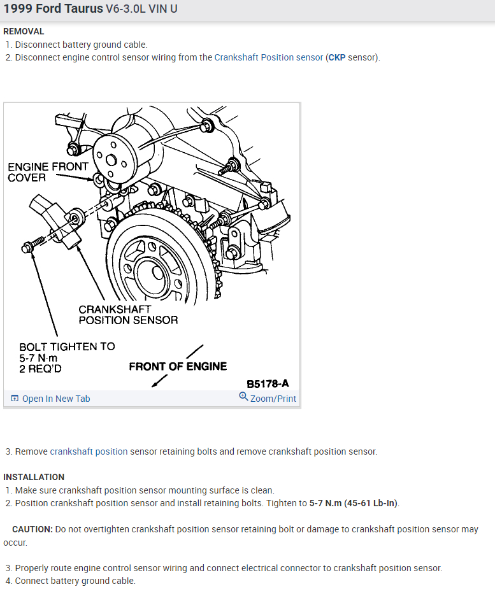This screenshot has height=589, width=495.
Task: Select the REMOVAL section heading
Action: pos(24,31)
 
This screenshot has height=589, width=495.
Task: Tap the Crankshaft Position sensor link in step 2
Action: pos(268,57)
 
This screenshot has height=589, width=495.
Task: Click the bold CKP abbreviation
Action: pos(336,57)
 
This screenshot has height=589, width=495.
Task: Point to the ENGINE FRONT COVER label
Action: pos(48,172)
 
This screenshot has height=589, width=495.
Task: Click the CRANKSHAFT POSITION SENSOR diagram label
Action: pos(128,315)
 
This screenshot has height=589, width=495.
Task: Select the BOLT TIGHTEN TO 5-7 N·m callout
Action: pos(67,357)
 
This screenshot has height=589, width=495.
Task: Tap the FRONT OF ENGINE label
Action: pos(178,366)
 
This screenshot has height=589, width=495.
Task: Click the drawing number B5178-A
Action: pos(268,383)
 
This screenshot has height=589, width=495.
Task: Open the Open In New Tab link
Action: pos(51,399)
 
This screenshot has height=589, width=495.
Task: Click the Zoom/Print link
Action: pos(268,398)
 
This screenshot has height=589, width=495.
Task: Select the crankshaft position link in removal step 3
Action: pos(89,451)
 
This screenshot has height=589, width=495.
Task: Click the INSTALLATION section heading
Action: pos(34,477)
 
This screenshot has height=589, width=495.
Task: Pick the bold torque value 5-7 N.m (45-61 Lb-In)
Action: pos(354,503)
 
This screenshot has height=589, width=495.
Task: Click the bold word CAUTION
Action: pos(32,529)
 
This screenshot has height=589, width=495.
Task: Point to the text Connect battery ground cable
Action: pos(75,581)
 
